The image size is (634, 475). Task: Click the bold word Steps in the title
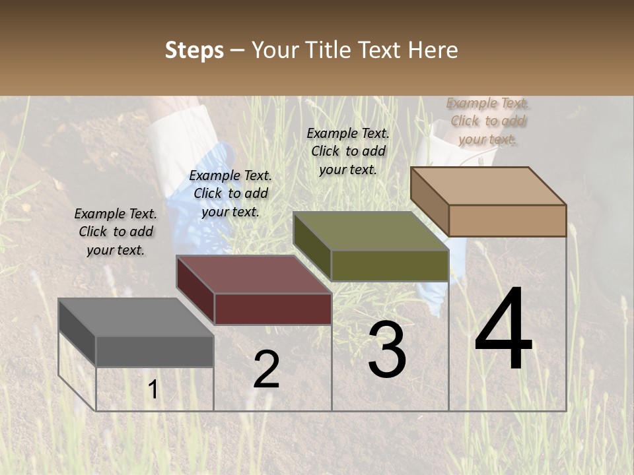(194, 50)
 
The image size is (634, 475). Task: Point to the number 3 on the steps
(387, 350)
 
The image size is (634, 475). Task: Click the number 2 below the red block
(266, 369)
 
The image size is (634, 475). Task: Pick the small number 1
(153, 390)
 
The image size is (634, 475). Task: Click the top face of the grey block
(136, 317)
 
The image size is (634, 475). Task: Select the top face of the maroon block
(254, 274)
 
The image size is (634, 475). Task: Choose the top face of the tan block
(489, 186)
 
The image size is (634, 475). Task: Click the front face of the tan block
(507, 220)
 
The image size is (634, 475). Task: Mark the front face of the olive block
(390, 265)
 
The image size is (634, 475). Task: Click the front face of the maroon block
(273, 309)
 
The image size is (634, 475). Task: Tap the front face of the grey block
(155, 351)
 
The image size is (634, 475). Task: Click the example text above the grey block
(116, 232)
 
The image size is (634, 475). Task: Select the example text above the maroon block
(230, 193)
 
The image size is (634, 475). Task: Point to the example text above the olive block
(348, 151)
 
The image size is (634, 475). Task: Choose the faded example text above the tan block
(488, 121)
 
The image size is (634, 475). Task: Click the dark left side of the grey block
(77, 332)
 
